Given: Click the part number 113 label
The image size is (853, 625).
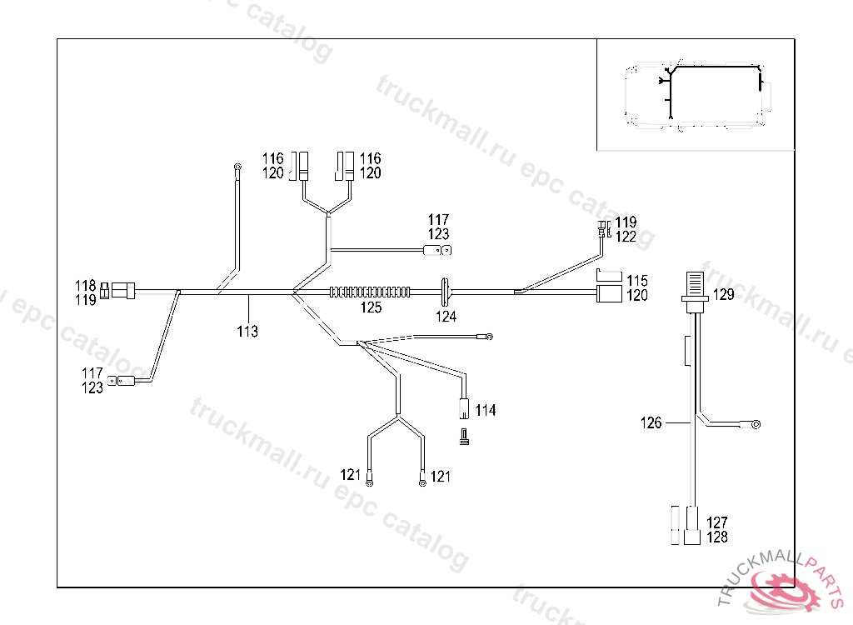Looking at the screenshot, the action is point(247,331).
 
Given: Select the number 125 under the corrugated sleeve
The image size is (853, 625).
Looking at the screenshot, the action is point(370,308).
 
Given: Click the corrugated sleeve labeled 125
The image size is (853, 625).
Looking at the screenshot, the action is point(370,292).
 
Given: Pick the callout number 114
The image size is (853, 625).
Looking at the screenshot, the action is point(486,410).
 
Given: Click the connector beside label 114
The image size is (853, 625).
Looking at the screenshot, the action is point(462,408).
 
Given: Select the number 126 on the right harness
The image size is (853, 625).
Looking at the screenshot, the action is point(651,422).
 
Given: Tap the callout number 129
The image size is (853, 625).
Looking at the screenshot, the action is point(723,294).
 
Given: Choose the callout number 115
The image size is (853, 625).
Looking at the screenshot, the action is point(637,280).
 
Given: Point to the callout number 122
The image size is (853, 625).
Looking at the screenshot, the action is point(626,237).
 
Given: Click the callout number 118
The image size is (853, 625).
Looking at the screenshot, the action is point(87,285).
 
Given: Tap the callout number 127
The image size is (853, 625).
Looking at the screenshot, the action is point(716,522).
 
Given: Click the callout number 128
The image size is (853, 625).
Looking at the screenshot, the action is point(716,537).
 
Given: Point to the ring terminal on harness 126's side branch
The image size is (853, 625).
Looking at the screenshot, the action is point(756,425).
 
